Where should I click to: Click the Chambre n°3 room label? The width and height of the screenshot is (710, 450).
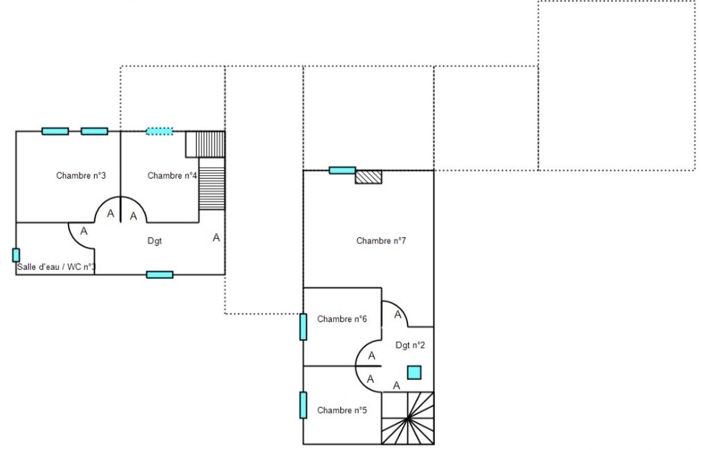[80, 176]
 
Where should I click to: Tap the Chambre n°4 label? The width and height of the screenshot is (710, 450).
[172, 176]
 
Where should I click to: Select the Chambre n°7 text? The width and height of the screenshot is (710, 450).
[381, 241]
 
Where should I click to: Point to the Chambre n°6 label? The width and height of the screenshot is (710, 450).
[342, 319]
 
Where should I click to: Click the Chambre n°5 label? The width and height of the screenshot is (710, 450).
[342, 411]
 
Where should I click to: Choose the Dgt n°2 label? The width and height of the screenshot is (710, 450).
[410, 345]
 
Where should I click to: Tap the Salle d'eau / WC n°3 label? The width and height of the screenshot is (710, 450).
[56, 267]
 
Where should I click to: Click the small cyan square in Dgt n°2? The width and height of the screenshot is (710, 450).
[414, 372]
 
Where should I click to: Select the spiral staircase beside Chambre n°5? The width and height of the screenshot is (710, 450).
[407, 418]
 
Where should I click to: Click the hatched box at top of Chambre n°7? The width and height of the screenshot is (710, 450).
[369, 177]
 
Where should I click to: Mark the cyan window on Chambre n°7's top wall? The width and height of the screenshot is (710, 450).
[342, 170]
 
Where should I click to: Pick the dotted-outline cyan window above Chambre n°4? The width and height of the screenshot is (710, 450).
[159, 132]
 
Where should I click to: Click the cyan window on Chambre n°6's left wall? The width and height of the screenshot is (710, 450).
[303, 327]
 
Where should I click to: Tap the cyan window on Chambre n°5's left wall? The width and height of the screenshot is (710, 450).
[303, 405]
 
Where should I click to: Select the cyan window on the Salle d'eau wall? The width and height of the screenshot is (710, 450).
[16, 255]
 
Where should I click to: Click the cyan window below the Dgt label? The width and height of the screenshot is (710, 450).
[160, 275]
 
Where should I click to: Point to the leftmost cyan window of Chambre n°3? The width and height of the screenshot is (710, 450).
[55, 132]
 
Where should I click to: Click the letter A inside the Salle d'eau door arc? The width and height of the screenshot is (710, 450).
[84, 231]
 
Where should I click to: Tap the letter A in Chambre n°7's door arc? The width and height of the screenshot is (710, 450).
[398, 314]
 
